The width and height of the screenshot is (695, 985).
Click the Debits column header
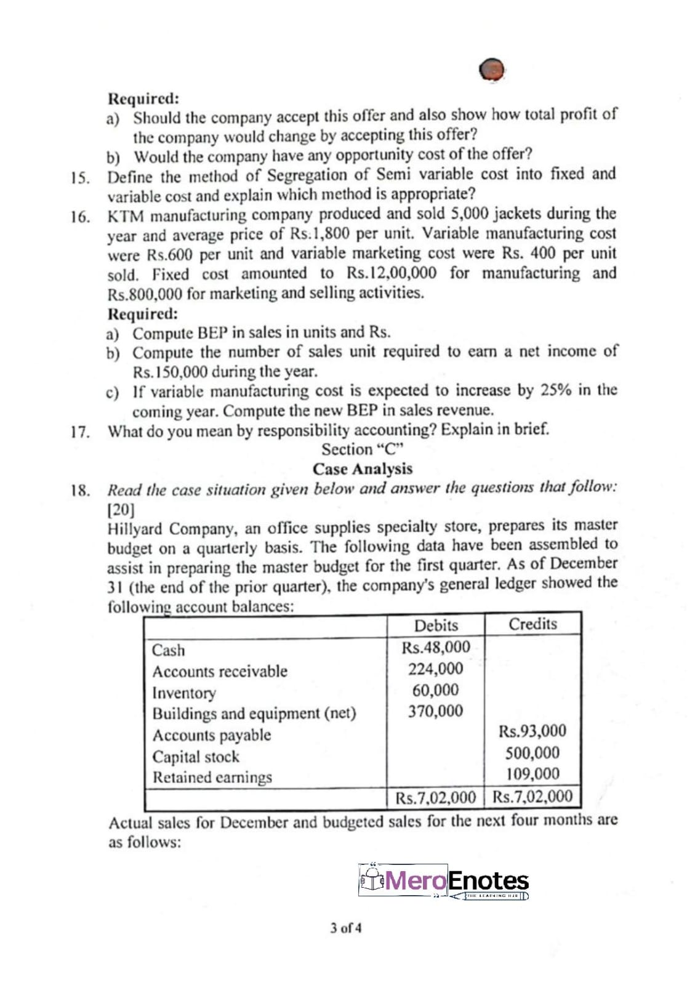point(436,625)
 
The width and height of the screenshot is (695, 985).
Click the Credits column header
point(532,624)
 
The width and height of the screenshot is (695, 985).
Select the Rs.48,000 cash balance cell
point(436,647)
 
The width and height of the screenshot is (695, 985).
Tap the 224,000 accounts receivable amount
point(436,669)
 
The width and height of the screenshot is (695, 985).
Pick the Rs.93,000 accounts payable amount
point(532,731)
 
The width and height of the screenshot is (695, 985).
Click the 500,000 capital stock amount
point(532,752)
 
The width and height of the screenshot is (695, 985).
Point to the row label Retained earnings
point(212,778)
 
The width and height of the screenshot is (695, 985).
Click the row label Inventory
point(184,693)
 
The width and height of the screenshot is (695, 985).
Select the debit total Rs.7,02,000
point(436,798)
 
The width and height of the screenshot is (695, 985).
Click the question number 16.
point(79,217)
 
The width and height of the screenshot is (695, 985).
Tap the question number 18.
point(79,491)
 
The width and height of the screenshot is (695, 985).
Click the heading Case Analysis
point(363,469)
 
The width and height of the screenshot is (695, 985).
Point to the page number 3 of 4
point(345,927)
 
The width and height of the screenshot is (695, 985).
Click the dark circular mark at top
point(492,70)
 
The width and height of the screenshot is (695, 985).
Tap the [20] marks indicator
point(121,510)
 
